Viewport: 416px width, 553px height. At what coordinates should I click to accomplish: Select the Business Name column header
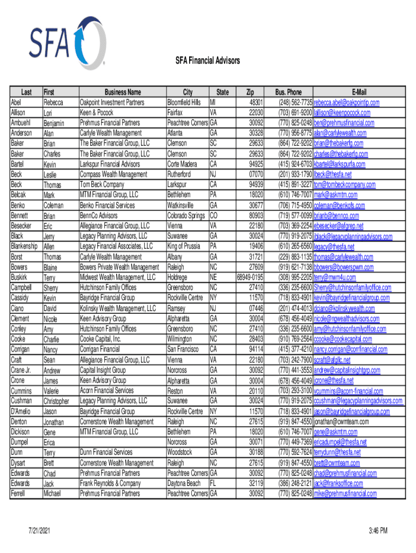(123, 92)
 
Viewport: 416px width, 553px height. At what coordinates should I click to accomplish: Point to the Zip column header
(250, 92)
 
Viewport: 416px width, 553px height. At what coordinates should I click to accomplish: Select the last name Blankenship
(25, 246)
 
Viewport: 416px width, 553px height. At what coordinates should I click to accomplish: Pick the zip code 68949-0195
(250, 277)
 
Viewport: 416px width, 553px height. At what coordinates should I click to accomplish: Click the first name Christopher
(56, 401)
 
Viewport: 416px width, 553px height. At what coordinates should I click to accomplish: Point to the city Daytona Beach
(184, 483)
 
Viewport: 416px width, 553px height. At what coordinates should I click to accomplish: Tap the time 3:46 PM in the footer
(375, 531)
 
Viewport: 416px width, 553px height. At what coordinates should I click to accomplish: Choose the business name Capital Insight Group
(103, 370)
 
